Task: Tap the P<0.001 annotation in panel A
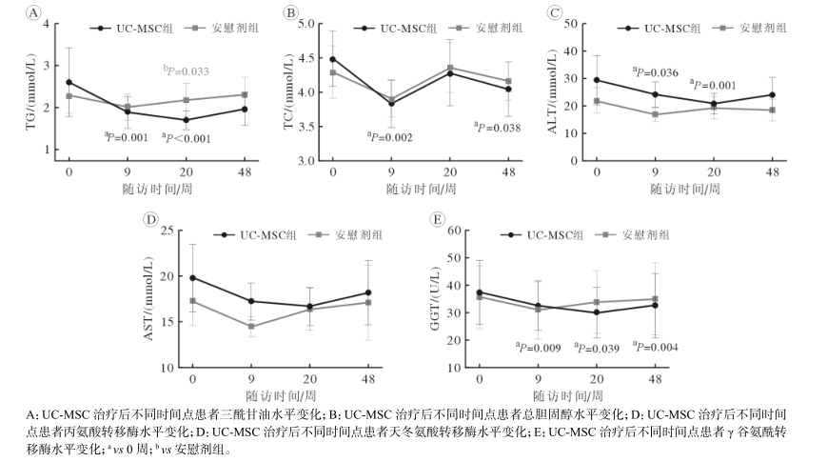pyautogui.click(x=185, y=139)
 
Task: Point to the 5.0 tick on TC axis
pyautogui.click(x=306, y=23)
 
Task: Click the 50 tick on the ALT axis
pyautogui.click(x=573, y=23)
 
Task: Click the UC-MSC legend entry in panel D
pyautogui.click(x=247, y=234)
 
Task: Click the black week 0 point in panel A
pyautogui.click(x=69, y=83)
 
